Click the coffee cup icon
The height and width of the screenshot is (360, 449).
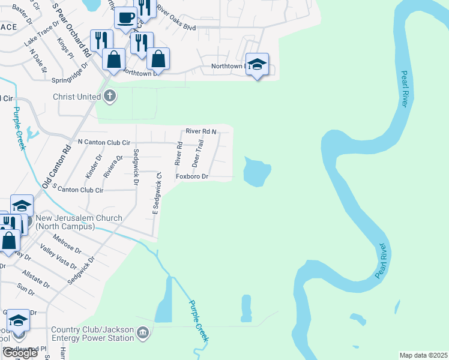click(x=126, y=18)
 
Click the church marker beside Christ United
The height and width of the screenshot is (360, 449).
click(x=109, y=96)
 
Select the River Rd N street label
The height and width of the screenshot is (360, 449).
click(x=200, y=131)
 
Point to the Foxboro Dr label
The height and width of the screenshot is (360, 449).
click(x=191, y=176)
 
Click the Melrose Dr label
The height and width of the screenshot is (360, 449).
click(x=67, y=244)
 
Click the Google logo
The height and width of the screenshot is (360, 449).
click(x=20, y=353)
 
